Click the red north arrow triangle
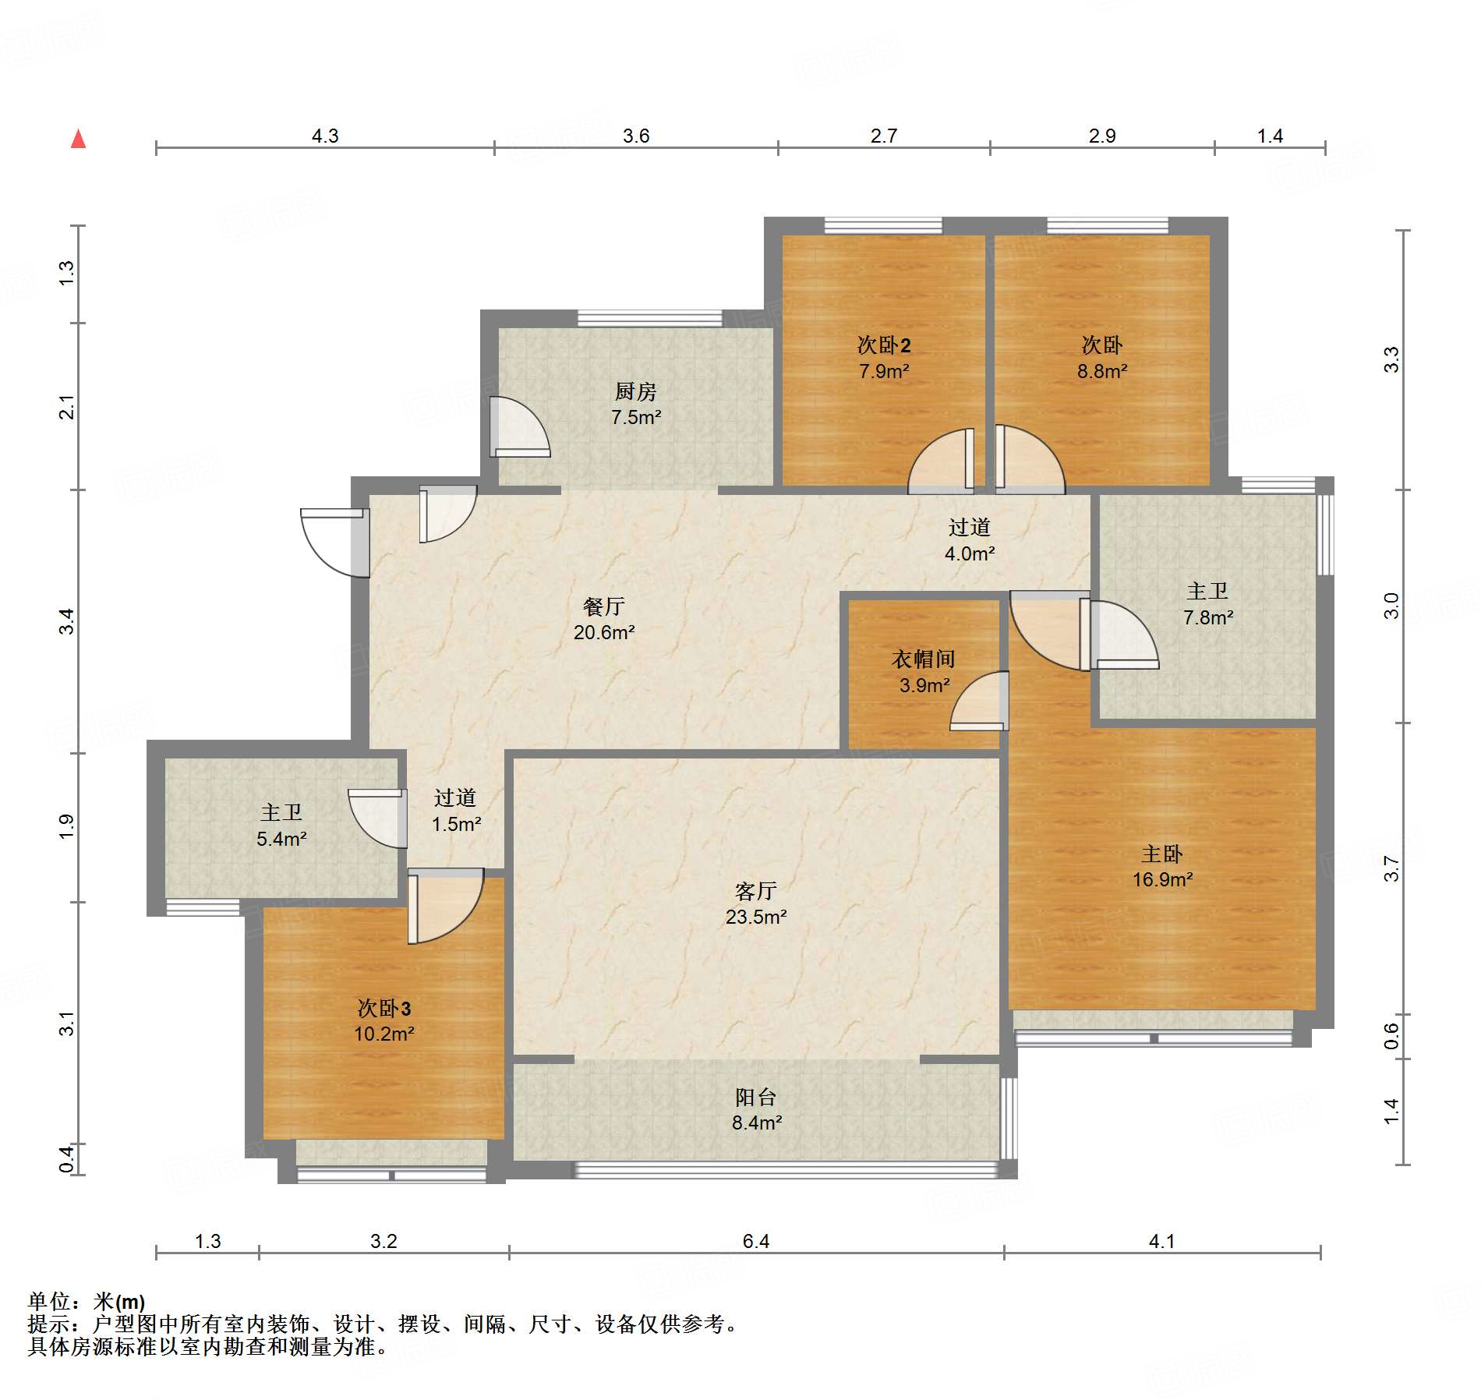coord(78,139)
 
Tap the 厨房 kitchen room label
coord(635,391)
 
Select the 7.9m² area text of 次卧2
coord(884,371)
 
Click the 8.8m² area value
coord(1102,371)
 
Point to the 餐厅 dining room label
coord(604,606)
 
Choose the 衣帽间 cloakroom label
coord(924,659)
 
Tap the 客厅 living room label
coord(755,890)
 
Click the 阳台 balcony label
coord(755,1097)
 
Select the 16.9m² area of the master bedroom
coord(1162,880)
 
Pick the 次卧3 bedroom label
coord(384,1008)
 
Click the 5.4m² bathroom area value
coord(281,839)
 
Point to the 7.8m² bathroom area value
coord(1208,617)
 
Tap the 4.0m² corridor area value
coord(970,553)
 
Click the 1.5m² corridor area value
coord(456,824)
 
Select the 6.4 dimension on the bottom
coord(755,1241)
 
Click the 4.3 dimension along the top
coord(325,136)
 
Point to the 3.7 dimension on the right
coord(1391,868)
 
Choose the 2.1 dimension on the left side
coord(68,407)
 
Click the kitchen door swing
coord(520,426)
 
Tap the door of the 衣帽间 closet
coord(979,701)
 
